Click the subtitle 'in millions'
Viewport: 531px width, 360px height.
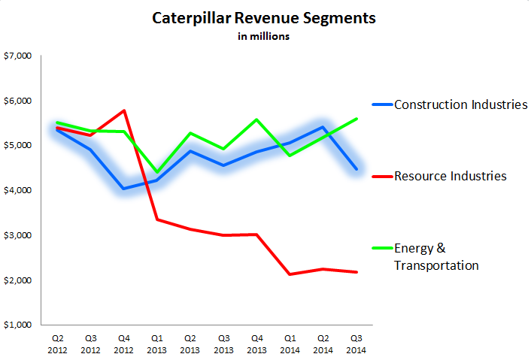(265, 35)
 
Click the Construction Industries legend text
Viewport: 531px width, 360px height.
(461, 104)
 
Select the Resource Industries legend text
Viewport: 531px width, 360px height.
(450, 176)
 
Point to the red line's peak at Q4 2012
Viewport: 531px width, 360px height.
(123, 110)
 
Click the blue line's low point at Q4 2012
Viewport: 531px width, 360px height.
(123, 188)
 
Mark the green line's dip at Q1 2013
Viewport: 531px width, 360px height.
(156, 172)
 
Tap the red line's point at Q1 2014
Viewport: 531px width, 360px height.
(290, 274)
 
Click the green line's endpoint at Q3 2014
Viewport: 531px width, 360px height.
(356, 119)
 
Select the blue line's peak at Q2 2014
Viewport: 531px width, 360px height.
(323, 127)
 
